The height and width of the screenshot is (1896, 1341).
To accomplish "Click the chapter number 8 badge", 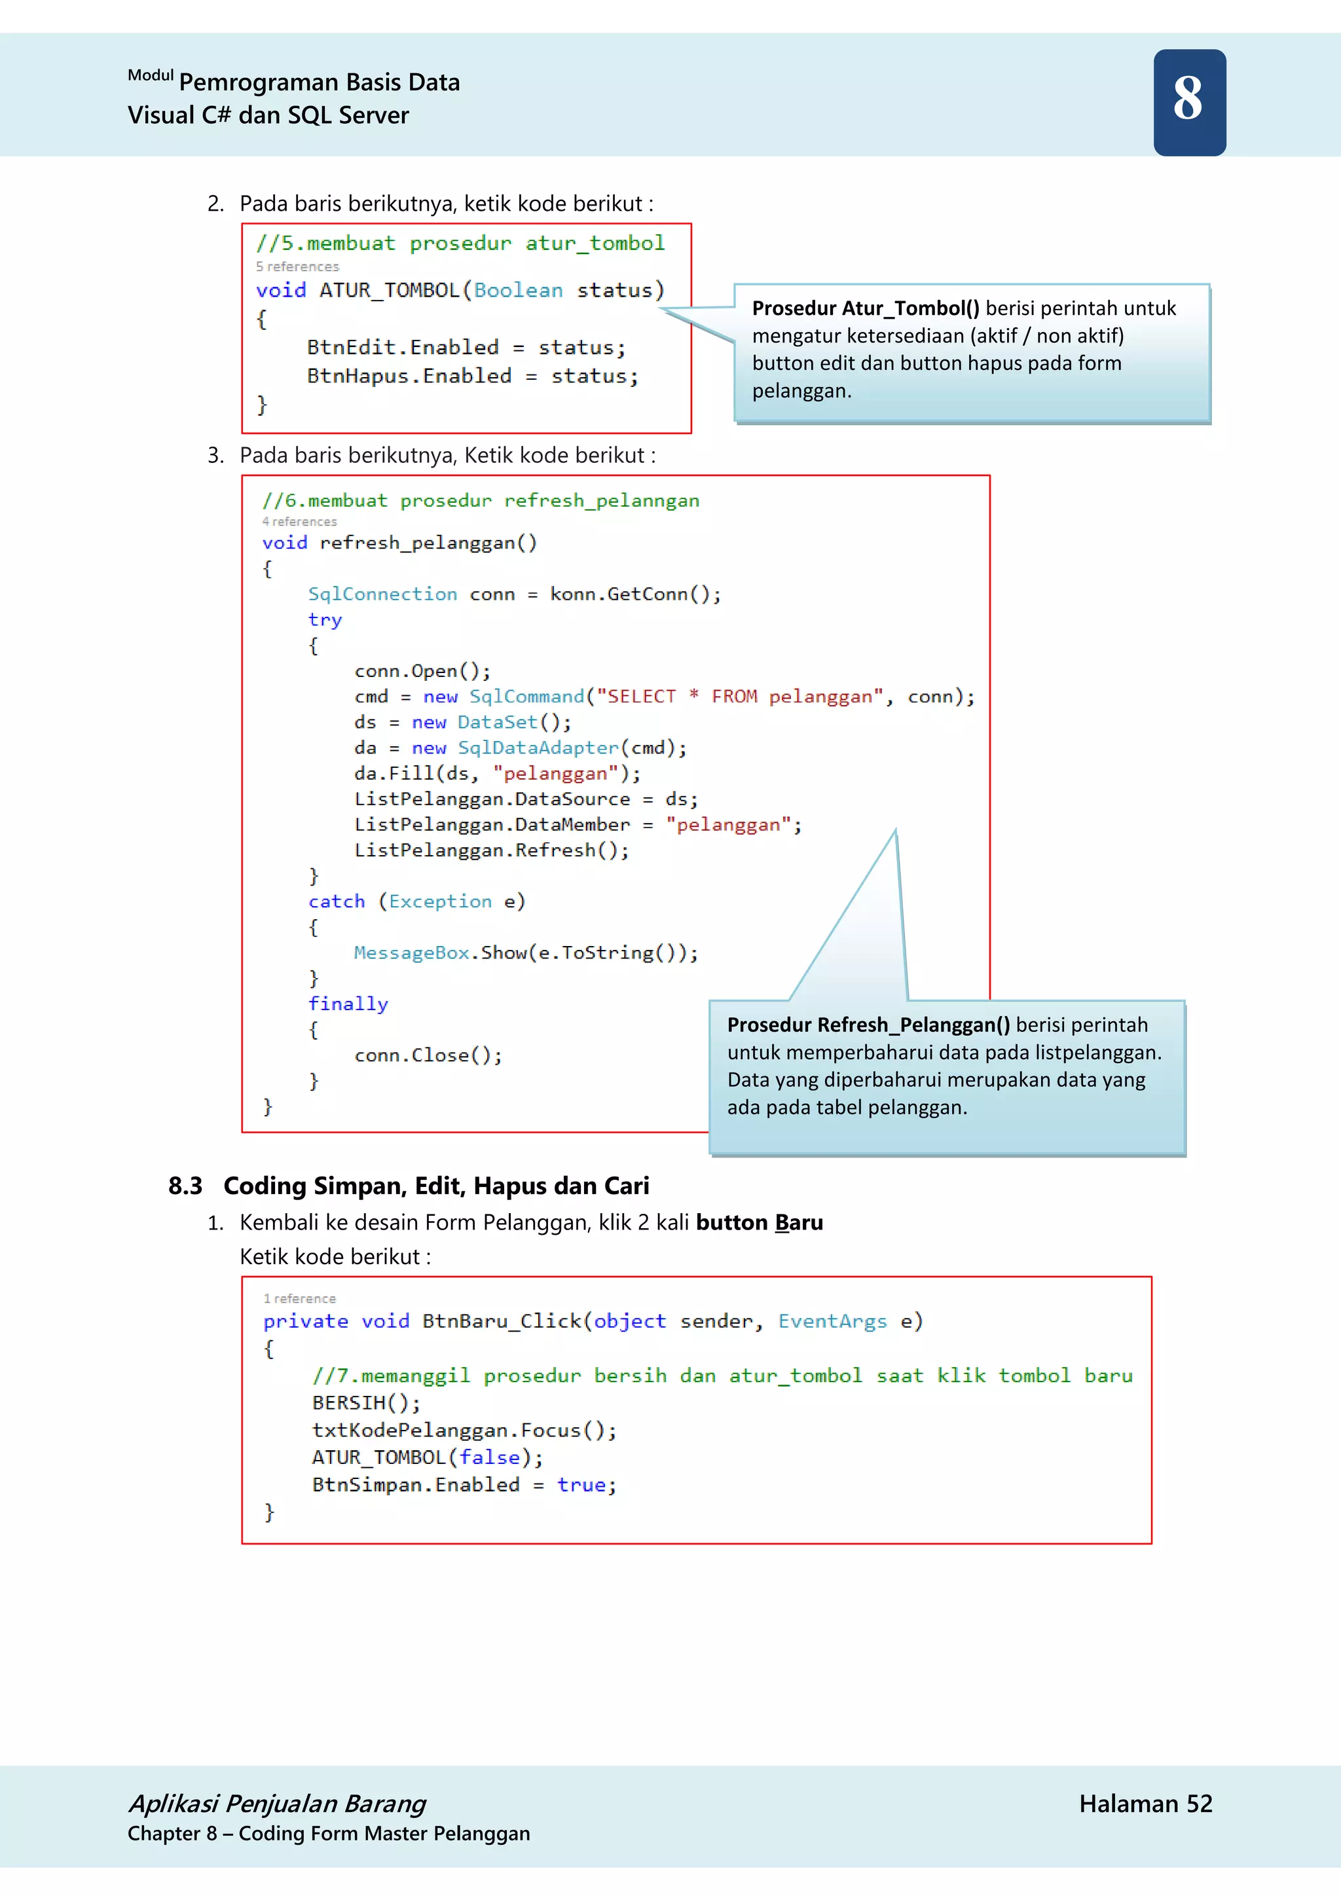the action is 1189,101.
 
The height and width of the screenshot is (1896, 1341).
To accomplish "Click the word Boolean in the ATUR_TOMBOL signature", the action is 518,291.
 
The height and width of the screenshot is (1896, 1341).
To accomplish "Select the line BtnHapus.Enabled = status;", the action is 472,376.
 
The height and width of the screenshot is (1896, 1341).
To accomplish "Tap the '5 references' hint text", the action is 297,266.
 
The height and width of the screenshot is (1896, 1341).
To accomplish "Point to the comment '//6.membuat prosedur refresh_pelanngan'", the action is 481,500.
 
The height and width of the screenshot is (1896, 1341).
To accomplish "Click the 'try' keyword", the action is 325,620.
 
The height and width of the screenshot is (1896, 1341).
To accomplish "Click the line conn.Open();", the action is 422,671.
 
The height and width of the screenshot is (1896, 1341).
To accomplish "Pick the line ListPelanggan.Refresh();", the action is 491,850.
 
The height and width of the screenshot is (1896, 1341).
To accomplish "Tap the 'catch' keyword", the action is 336,902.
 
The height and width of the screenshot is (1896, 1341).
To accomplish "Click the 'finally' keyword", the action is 348,1004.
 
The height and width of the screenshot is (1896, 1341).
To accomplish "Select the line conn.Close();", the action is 428,1055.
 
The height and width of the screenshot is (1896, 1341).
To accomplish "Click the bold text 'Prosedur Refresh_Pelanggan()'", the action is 868,1025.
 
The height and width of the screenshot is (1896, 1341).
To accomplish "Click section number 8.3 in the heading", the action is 185,1186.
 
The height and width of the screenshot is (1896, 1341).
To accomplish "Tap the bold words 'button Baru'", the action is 759,1222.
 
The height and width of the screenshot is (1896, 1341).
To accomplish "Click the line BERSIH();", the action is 366,1403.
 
